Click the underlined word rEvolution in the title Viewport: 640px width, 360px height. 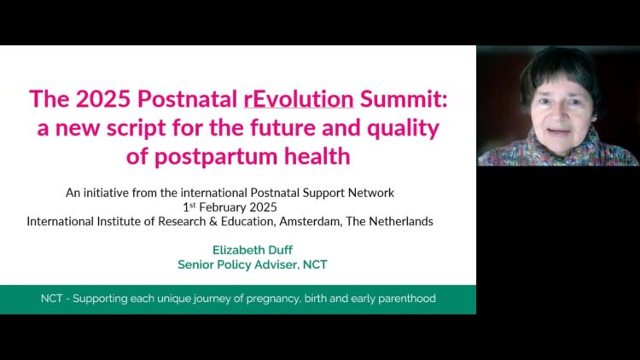pos(299,99)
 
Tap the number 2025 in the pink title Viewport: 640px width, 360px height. pos(103,99)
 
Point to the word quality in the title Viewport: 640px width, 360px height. pos(403,128)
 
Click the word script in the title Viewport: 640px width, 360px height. pos(137,128)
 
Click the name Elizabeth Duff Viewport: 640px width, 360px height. pos(253,250)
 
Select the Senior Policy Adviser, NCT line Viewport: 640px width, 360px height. pos(253,264)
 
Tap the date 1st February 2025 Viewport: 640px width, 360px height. pos(230,207)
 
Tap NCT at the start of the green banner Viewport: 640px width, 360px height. pos(51,299)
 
